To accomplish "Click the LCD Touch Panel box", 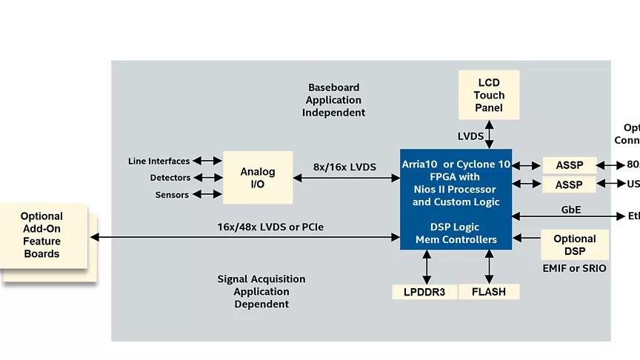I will [x=489, y=95].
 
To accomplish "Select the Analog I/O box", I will [x=257, y=178].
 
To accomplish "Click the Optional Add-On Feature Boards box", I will [x=42, y=236].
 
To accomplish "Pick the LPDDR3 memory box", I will [x=425, y=292].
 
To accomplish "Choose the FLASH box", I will [x=488, y=292].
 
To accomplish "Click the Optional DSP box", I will [x=574, y=244].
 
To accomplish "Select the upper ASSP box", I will [x=569, y=165].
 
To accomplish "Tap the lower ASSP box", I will [x=569, y=184].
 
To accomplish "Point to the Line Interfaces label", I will [x=159, y=161].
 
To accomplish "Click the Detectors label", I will [x=170, y=178].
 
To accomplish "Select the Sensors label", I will [x=172, y=195].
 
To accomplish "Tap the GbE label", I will [x=571, y=210].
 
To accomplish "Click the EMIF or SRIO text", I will [x=575, y=268].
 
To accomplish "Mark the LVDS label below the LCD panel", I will [x=470, y=136].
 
